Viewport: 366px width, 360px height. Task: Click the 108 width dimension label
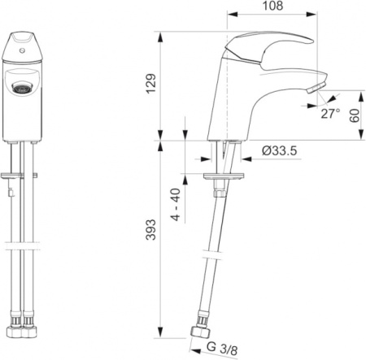coord(272,6)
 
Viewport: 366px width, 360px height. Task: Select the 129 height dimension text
coord(151,84)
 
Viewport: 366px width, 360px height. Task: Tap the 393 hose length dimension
coord(151,230)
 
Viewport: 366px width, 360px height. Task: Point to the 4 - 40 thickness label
coord(176,205)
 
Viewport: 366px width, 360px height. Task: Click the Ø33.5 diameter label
coord(280,150)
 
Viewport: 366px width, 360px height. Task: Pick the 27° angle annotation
coord(330,114)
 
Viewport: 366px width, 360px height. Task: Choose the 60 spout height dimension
coord(355,115)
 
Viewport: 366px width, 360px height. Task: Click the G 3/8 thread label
coord(222,348)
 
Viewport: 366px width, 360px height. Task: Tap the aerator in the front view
coord(22,88)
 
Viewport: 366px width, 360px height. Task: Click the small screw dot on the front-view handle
coord(22,50)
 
